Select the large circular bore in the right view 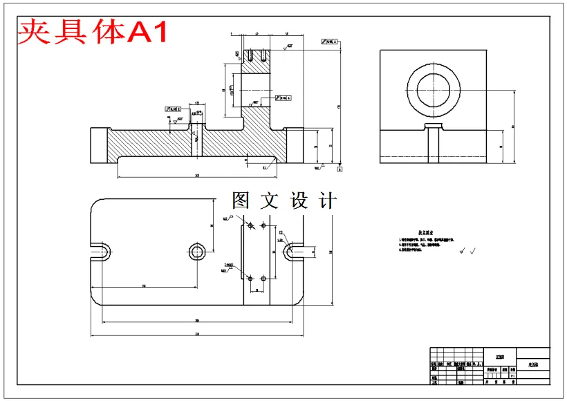tap(435, 90)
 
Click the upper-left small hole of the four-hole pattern tap(250, 225)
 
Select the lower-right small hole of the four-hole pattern tap(264, 278)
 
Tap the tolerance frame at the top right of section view tap(331, 41)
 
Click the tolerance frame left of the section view tap(177, 109)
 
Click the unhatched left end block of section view tap(97, 145)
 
